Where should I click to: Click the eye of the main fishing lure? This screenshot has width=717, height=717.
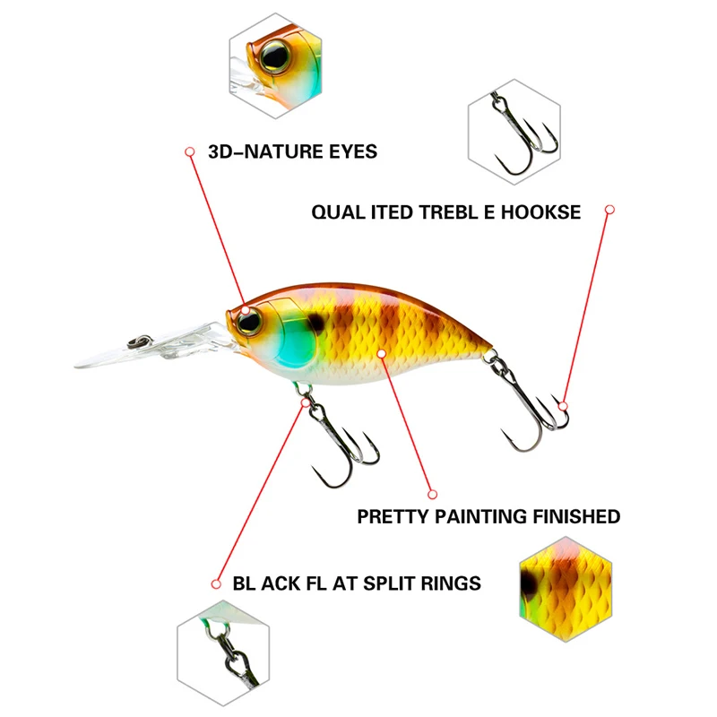click(x=250, y=320)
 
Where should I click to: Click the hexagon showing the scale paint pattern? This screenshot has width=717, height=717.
click(x=565, y=583)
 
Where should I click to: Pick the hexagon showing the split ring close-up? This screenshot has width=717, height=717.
click(x=221, y=651)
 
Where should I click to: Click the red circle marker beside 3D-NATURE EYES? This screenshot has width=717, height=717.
click(x=190, y=152)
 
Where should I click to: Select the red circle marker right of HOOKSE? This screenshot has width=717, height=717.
click(x=609, y=210)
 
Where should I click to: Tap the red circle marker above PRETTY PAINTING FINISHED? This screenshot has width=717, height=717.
click(x=432, y=493)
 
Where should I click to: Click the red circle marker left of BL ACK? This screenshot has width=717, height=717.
click(x=215, y=583)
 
